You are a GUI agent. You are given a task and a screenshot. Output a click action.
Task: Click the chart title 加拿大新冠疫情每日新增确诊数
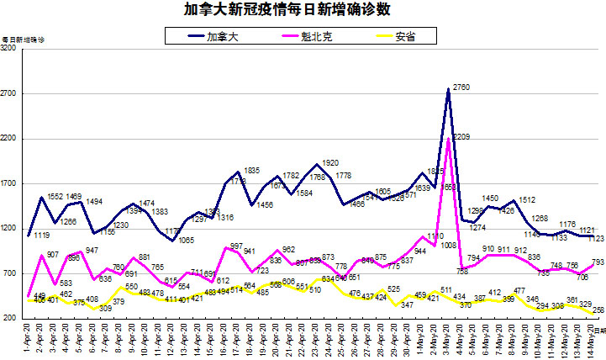(x=303, y=11)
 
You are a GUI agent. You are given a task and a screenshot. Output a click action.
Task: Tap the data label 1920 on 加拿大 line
(x=330, y=162)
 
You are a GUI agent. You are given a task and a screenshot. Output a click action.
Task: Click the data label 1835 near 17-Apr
(x=251, y=171)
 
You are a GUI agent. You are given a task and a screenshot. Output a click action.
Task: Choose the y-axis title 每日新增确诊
(x=24, y=40)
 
